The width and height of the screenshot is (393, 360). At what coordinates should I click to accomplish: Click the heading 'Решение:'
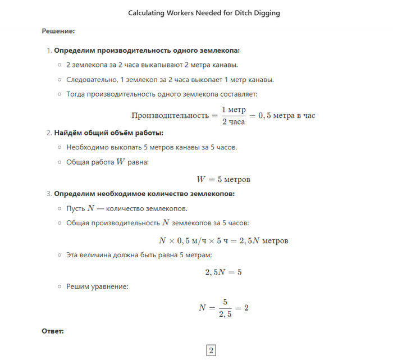click(58, 31)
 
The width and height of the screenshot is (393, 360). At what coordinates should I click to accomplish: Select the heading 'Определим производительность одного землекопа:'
click(147, 51)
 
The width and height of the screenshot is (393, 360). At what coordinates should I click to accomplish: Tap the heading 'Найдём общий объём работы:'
click(109, 133)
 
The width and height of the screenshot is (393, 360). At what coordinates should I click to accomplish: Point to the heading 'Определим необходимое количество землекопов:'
click(144, 194)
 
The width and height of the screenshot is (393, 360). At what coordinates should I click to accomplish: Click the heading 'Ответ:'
click(53, 331)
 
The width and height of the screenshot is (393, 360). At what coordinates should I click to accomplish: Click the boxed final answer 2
click(211, 350)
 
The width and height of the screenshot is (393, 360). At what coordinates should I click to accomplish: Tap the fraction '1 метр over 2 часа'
click(234, 115)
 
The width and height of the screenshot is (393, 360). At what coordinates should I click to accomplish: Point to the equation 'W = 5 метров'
click(223, 180)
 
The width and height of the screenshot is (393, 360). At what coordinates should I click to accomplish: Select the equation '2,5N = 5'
click(223, 272)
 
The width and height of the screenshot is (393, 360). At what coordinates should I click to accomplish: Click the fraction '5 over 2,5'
click(225, 308)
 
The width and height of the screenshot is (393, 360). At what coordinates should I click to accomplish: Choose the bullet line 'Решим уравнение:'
click(97, 286)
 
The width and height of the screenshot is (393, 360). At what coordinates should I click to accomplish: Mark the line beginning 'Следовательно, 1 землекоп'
click(170, 79)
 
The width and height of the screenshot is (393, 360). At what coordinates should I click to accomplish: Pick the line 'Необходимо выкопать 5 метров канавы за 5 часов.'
click(152, 148)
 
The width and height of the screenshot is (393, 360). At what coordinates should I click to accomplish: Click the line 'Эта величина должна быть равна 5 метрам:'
click(139, 254)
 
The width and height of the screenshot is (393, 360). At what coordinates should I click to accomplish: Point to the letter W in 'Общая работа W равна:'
click(120, 162)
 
